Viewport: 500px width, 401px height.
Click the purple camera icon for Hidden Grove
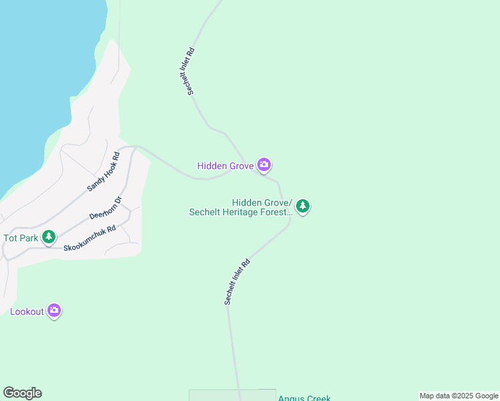point(264,164)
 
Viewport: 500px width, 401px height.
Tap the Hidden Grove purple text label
point(225,166)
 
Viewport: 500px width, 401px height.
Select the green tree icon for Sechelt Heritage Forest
point(303,206)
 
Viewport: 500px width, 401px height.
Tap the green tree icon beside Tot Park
point(48,237)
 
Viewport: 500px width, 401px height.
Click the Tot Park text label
point(19,238)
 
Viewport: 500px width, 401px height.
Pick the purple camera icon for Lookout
point(54,311)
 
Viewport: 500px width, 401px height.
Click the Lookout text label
point(27,311)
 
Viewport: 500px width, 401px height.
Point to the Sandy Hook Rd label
point(103,172)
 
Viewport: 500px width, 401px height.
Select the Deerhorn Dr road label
point(106,208)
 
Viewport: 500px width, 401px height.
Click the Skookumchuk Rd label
point(90,238)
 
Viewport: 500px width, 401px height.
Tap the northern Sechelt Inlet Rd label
point(191,70)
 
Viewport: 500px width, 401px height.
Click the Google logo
point(22,393)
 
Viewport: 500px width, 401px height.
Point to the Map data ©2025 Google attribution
point(459,396)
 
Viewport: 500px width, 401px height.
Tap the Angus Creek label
point(304,398)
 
